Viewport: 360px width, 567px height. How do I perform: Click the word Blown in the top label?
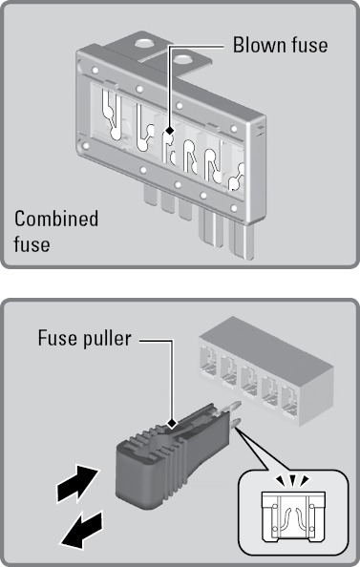point(258,45)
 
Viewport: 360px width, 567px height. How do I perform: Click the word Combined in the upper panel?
point(56,219)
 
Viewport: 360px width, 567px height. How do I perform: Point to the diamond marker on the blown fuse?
point(169,131)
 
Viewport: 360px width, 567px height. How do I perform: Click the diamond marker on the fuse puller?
point(172,422)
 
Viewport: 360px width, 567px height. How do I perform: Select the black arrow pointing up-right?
point(77,484)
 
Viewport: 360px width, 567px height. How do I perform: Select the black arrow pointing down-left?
point(82,529)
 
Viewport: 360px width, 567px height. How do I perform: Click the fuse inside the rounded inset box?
point(293,517)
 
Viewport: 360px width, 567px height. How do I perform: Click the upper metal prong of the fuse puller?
point(231,408)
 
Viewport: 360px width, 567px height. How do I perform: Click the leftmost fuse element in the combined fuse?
point(111,115)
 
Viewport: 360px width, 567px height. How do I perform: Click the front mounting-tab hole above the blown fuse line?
point(182,59)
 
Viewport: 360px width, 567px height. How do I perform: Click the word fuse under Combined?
point(32,243)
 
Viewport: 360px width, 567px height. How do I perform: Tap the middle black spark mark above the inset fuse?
point(292,480)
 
